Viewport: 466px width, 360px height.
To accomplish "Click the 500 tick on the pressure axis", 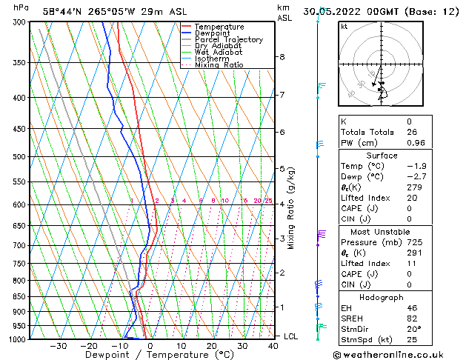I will (20, 157).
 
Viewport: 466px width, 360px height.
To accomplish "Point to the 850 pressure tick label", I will (20, 296).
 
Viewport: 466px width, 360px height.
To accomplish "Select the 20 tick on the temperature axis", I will (211, 346).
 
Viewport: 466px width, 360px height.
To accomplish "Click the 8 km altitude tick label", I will (282, 57).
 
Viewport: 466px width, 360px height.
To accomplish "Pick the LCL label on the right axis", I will (292, 336).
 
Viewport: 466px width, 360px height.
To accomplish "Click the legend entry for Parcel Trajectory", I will (228, 39).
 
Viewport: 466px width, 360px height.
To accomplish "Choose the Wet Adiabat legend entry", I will (218, 53).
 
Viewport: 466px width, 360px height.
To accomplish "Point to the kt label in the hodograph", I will (344, 26).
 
